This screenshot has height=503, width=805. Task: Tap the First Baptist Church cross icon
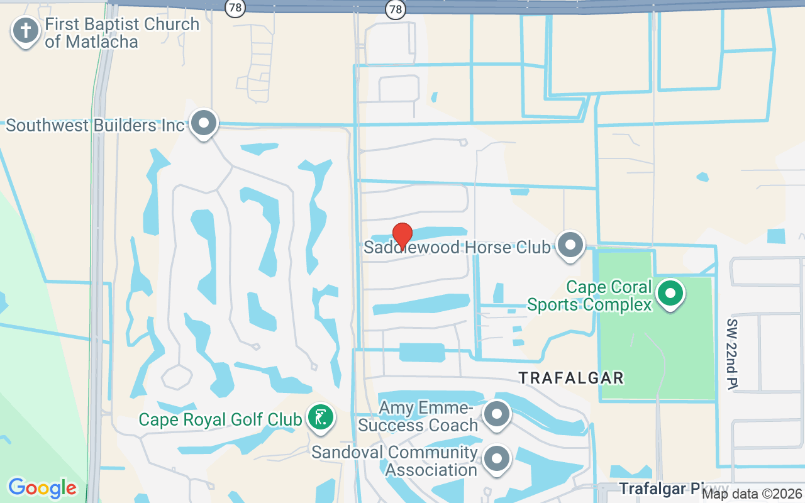click(x=26, y=30)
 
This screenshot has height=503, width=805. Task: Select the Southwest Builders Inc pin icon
click(x=203, y=123)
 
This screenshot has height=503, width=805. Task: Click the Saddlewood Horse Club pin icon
click(x=571, y=245)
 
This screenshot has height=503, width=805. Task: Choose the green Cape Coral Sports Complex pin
click(x=670, y=293)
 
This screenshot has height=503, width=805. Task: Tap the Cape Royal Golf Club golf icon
click(x=321, y=417)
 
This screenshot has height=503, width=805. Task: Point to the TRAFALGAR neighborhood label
click(x=571, y=378)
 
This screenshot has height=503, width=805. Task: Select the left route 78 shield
click(x=235, y=8)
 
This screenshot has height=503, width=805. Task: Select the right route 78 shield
click(x=395, y=8)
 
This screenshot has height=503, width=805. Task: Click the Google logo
click(x=42, y=488)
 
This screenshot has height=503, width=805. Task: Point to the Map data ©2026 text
click(x=752, y=494)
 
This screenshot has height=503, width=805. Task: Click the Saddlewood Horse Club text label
click(x=457, y=247)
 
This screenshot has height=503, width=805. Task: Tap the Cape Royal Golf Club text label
click(x=220, y=419)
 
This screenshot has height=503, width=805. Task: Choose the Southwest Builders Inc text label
click(x=95, y=125)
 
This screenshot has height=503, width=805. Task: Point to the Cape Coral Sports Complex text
click(x=589, y=296)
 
